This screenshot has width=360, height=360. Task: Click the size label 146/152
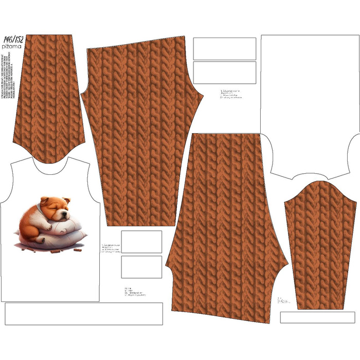pos(13,40)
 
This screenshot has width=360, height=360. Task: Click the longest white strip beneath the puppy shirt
pos(84,313)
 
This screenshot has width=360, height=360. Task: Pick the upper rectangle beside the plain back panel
pos(224,48)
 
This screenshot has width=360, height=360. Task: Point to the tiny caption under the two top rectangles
pos(230,94)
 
